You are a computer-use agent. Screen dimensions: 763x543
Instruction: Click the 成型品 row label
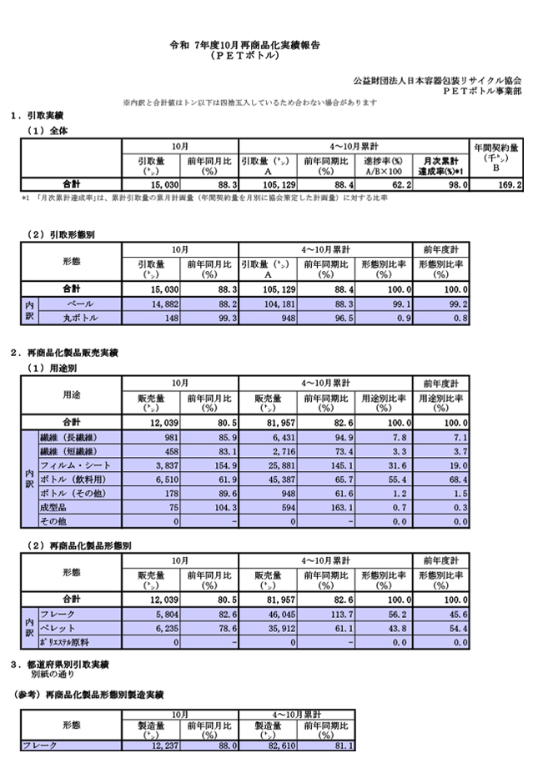click(x=53, y=507)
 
